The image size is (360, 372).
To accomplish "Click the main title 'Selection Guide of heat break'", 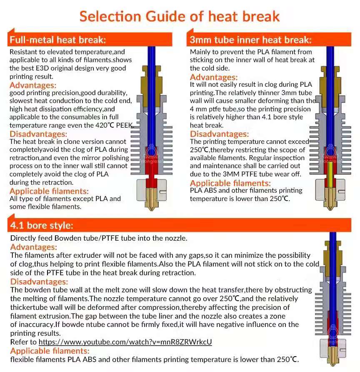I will (180, 16).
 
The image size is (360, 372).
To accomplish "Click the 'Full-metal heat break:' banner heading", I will (58, 40).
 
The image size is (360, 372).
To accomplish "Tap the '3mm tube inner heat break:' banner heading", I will (250, 40).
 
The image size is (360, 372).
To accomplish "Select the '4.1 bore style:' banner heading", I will (42, 226).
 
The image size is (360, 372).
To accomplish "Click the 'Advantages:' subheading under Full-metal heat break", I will (33, 85).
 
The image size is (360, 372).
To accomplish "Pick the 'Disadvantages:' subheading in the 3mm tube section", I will (219, 134).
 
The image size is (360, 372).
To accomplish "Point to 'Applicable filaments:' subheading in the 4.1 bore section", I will (50, 351).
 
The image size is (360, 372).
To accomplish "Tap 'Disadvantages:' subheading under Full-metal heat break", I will (38, 134).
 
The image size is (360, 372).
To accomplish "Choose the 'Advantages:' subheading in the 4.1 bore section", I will (34, 247).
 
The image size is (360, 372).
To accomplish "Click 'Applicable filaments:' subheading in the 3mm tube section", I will (230, 183).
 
